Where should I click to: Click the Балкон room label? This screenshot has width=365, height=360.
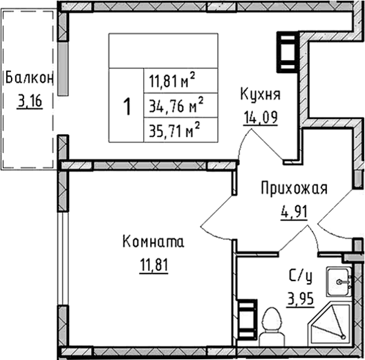pos(29,77)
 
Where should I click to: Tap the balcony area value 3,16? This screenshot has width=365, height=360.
pos(30,102)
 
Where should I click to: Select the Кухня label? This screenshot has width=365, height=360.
pos(260,95)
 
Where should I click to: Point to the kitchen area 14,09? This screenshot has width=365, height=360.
pos(261,117)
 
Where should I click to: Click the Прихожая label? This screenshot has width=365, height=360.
pos(294,188)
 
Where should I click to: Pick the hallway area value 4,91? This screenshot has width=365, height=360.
pos(294,212)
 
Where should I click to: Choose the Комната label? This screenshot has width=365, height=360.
pos(153,241)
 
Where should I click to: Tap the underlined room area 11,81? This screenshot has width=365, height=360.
pos(154,265)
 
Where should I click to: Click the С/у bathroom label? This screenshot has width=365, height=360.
pos(300,276)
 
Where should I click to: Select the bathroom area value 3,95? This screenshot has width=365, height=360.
pos(301,299)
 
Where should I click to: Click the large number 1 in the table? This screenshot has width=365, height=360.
pos(127,106)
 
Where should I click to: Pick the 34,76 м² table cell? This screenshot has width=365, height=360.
pos(176,106)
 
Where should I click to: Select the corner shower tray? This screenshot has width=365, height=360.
pos(329,324)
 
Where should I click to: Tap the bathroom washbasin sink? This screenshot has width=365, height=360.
pos(339,282)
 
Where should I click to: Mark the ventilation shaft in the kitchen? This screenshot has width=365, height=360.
pos(288,53)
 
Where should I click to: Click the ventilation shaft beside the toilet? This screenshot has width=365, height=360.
pos(247,319)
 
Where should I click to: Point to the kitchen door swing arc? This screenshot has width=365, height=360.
pos(242,141)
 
